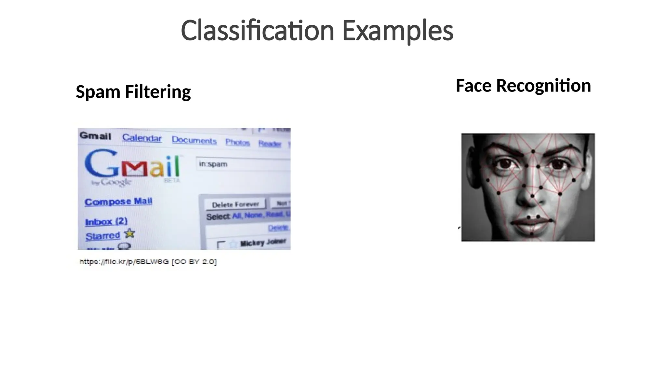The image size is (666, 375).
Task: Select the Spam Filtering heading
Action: (133, 91)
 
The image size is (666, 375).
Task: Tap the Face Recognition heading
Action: (523, 86)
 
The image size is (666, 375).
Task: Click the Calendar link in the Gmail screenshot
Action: (142, 138)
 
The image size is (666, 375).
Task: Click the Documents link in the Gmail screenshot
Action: (194, 140)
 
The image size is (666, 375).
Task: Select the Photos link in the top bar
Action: (237, 142)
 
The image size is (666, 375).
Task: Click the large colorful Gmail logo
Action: (132, 167)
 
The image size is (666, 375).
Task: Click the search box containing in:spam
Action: (242, 164)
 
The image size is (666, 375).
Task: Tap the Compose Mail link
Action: (118, 201)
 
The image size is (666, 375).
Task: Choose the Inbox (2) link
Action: (106, 222)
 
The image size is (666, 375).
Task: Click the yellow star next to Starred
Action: (130, 233)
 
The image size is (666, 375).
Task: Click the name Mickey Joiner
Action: (263, 243)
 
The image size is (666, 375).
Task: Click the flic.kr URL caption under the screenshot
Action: (148, 262)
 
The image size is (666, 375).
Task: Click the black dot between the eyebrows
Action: (533, 151)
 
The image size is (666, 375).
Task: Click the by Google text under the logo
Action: (111, 182)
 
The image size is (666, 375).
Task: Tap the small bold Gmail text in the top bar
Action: (95, 135)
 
